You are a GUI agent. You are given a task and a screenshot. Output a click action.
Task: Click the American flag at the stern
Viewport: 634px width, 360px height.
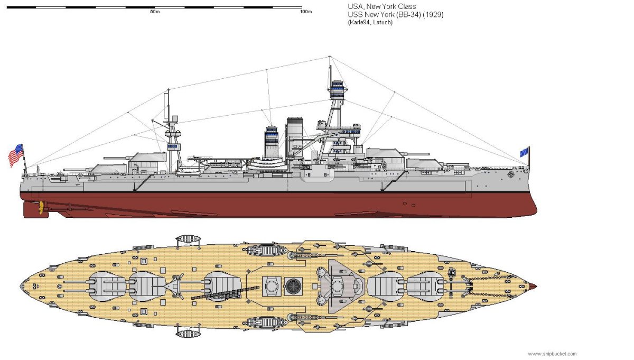tap(16, 155)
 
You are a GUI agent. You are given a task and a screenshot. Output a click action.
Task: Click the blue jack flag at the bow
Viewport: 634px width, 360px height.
tap(524, 152)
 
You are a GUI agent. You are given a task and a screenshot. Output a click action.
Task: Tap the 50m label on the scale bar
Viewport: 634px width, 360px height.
tap(155, 12)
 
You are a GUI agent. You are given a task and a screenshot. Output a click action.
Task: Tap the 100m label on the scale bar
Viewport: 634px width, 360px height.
tap(305, 12)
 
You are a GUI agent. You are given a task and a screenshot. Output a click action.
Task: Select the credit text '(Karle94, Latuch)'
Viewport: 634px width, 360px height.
tap(370, 22)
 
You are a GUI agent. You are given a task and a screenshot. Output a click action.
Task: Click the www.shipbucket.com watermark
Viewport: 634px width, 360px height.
tap(552, 354)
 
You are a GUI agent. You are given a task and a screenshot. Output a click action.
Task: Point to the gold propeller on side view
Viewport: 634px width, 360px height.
tap(39, 208)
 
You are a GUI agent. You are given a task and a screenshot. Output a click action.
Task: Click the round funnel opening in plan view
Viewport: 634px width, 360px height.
tap(292, 286)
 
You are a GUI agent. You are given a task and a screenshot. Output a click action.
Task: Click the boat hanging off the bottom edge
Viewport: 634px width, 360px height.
tap(189, 333)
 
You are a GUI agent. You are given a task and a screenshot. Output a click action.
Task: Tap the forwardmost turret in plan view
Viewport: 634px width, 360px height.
tap(425, 286)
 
